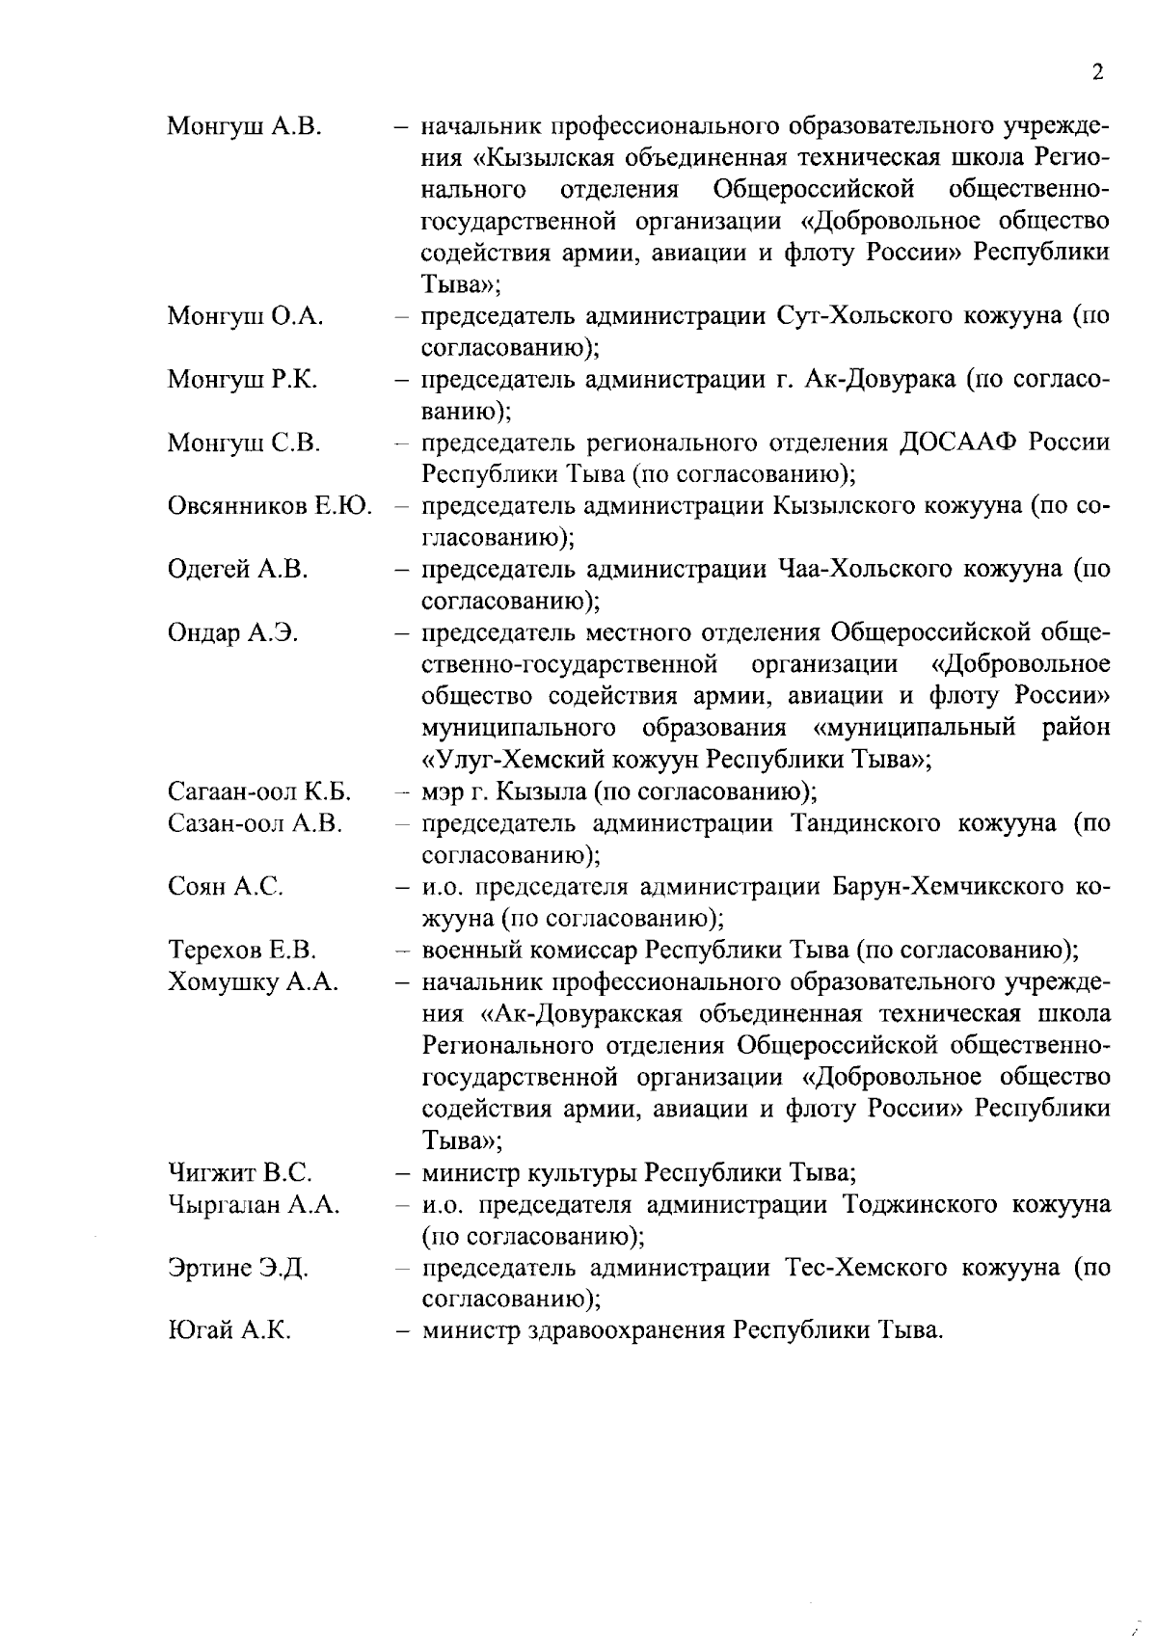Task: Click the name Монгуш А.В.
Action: [245, 126]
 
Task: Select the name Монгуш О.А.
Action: [246, 316]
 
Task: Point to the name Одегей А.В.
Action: [238, 570]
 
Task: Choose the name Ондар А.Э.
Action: [232, 633]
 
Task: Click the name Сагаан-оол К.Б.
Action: [259, 792]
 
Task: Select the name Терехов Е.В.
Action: [242, 951]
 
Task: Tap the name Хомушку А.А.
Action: [253, 982]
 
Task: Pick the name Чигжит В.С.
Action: [240, 1173]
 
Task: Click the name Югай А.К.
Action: [229, 1331]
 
